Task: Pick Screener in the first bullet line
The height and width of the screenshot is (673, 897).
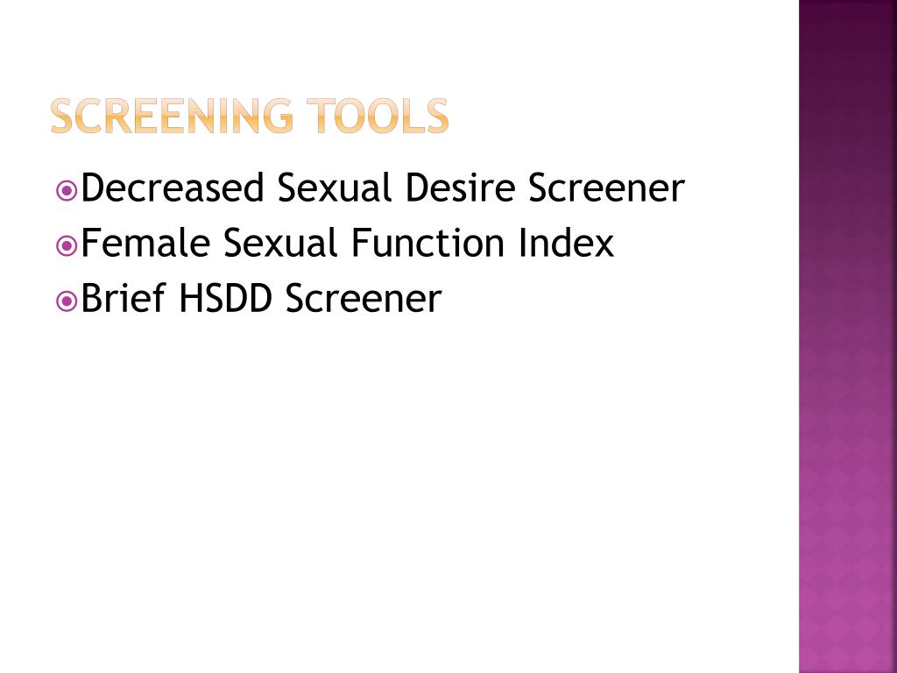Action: tap(605, 188)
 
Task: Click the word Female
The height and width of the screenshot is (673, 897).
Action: tap(145, 244)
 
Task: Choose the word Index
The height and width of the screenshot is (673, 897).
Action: tap(566, 244)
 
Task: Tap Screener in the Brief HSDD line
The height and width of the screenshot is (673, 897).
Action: tap(363, 299)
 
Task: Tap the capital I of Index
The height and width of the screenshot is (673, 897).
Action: tap(523, 244)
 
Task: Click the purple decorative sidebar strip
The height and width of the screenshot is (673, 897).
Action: tap(847, 351)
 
